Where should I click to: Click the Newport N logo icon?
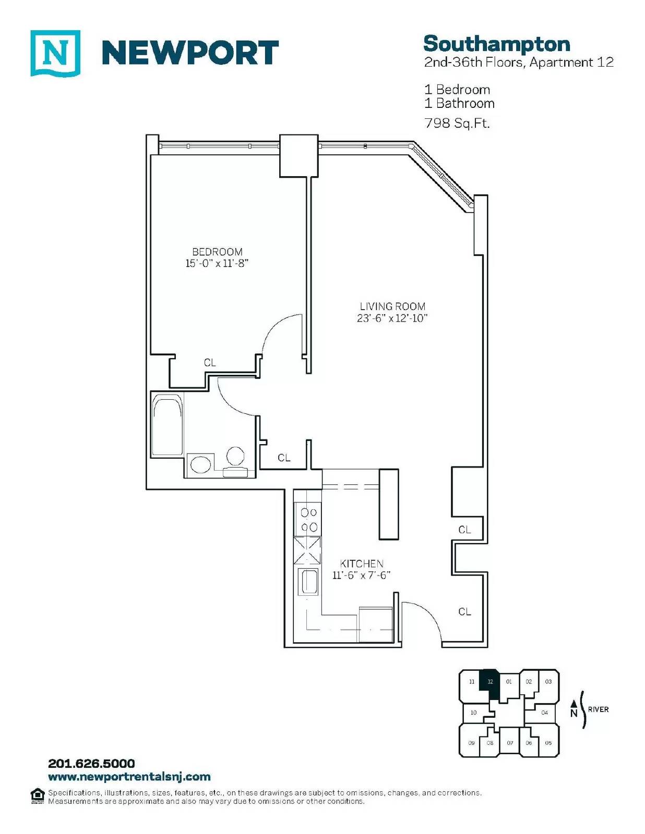tap(55, 53)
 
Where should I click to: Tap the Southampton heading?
tap(497, 44)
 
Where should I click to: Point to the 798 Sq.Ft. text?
tap(457, 124)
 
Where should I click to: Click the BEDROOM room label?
tap(217, 252)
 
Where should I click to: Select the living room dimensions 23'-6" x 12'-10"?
tap(392, 318)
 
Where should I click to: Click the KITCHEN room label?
tap(362, 563)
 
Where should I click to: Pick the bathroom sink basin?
tap(201, 465)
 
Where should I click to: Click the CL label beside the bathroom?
tap(284, 458)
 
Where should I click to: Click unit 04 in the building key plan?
tap(544, 713)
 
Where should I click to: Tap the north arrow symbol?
tap(574, 707)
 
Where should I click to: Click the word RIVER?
tap(598, 709)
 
